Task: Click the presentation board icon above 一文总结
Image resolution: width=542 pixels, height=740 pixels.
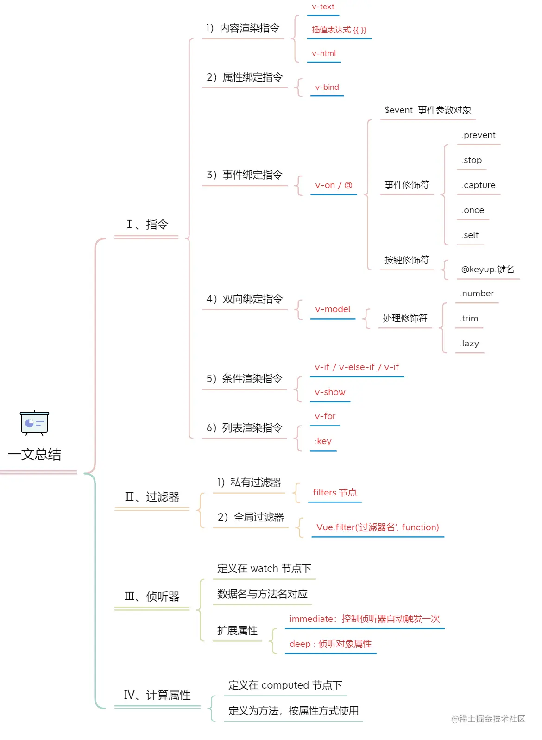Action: pos(34,422)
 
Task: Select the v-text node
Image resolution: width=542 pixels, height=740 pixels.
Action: pos(323,7)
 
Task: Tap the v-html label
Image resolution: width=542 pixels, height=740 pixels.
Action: pos(324,54)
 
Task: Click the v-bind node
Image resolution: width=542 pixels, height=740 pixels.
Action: pos(327,88)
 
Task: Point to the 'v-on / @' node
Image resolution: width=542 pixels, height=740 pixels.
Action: pos(334,185)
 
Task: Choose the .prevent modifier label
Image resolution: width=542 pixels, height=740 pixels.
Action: pos(479,135)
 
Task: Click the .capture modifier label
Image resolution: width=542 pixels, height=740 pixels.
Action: pos(479,185)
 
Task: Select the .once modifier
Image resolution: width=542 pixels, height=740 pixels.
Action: pos(473,210)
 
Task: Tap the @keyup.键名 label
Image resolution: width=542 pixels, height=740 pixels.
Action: pos(488,270)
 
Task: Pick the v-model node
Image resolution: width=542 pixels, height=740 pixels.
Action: pos(333,309)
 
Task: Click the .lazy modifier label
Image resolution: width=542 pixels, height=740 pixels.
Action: pos(470,344)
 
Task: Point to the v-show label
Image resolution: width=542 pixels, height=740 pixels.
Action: pos(330,392)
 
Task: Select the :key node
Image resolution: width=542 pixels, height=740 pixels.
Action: pos(323,441)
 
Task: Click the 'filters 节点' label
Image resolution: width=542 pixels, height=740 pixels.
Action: pos(334,493)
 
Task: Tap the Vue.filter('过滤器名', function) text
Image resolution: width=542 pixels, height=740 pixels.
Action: pos(378,527)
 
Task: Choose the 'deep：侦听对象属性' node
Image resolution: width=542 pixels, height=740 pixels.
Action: pos(330,644)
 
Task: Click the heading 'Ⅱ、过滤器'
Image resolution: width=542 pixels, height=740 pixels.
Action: pos(152,497)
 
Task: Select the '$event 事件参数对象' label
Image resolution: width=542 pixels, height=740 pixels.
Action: pos(428,110)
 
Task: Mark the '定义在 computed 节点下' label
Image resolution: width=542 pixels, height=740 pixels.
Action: pos(285,685)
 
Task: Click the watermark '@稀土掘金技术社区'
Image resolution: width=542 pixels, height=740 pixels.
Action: pos(488,719)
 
